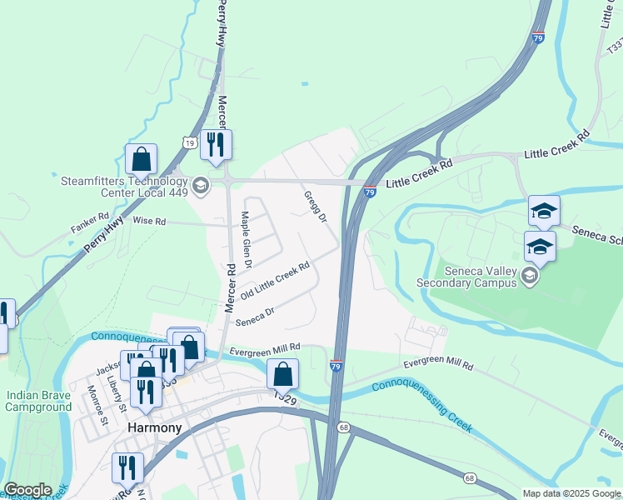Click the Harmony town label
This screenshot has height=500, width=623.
coord(154,427)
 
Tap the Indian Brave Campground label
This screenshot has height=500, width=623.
coord(38,401)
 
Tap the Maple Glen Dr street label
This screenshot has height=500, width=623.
coord(246,239)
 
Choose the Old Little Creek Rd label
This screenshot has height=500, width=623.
coord(275,282)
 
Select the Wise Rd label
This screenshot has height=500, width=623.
coord(150,222)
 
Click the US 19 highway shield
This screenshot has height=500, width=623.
coord(190,144)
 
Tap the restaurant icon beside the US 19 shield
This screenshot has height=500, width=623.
coord(217,145)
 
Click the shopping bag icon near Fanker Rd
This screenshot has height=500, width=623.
coord(142,159)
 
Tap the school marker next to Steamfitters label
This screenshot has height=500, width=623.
coord(200,185)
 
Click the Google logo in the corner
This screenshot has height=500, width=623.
coord(27,490)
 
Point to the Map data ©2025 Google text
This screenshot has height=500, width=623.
coord(572,493)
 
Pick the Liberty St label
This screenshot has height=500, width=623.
coord(117,394)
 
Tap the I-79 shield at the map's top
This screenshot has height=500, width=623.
coord(538,37)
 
